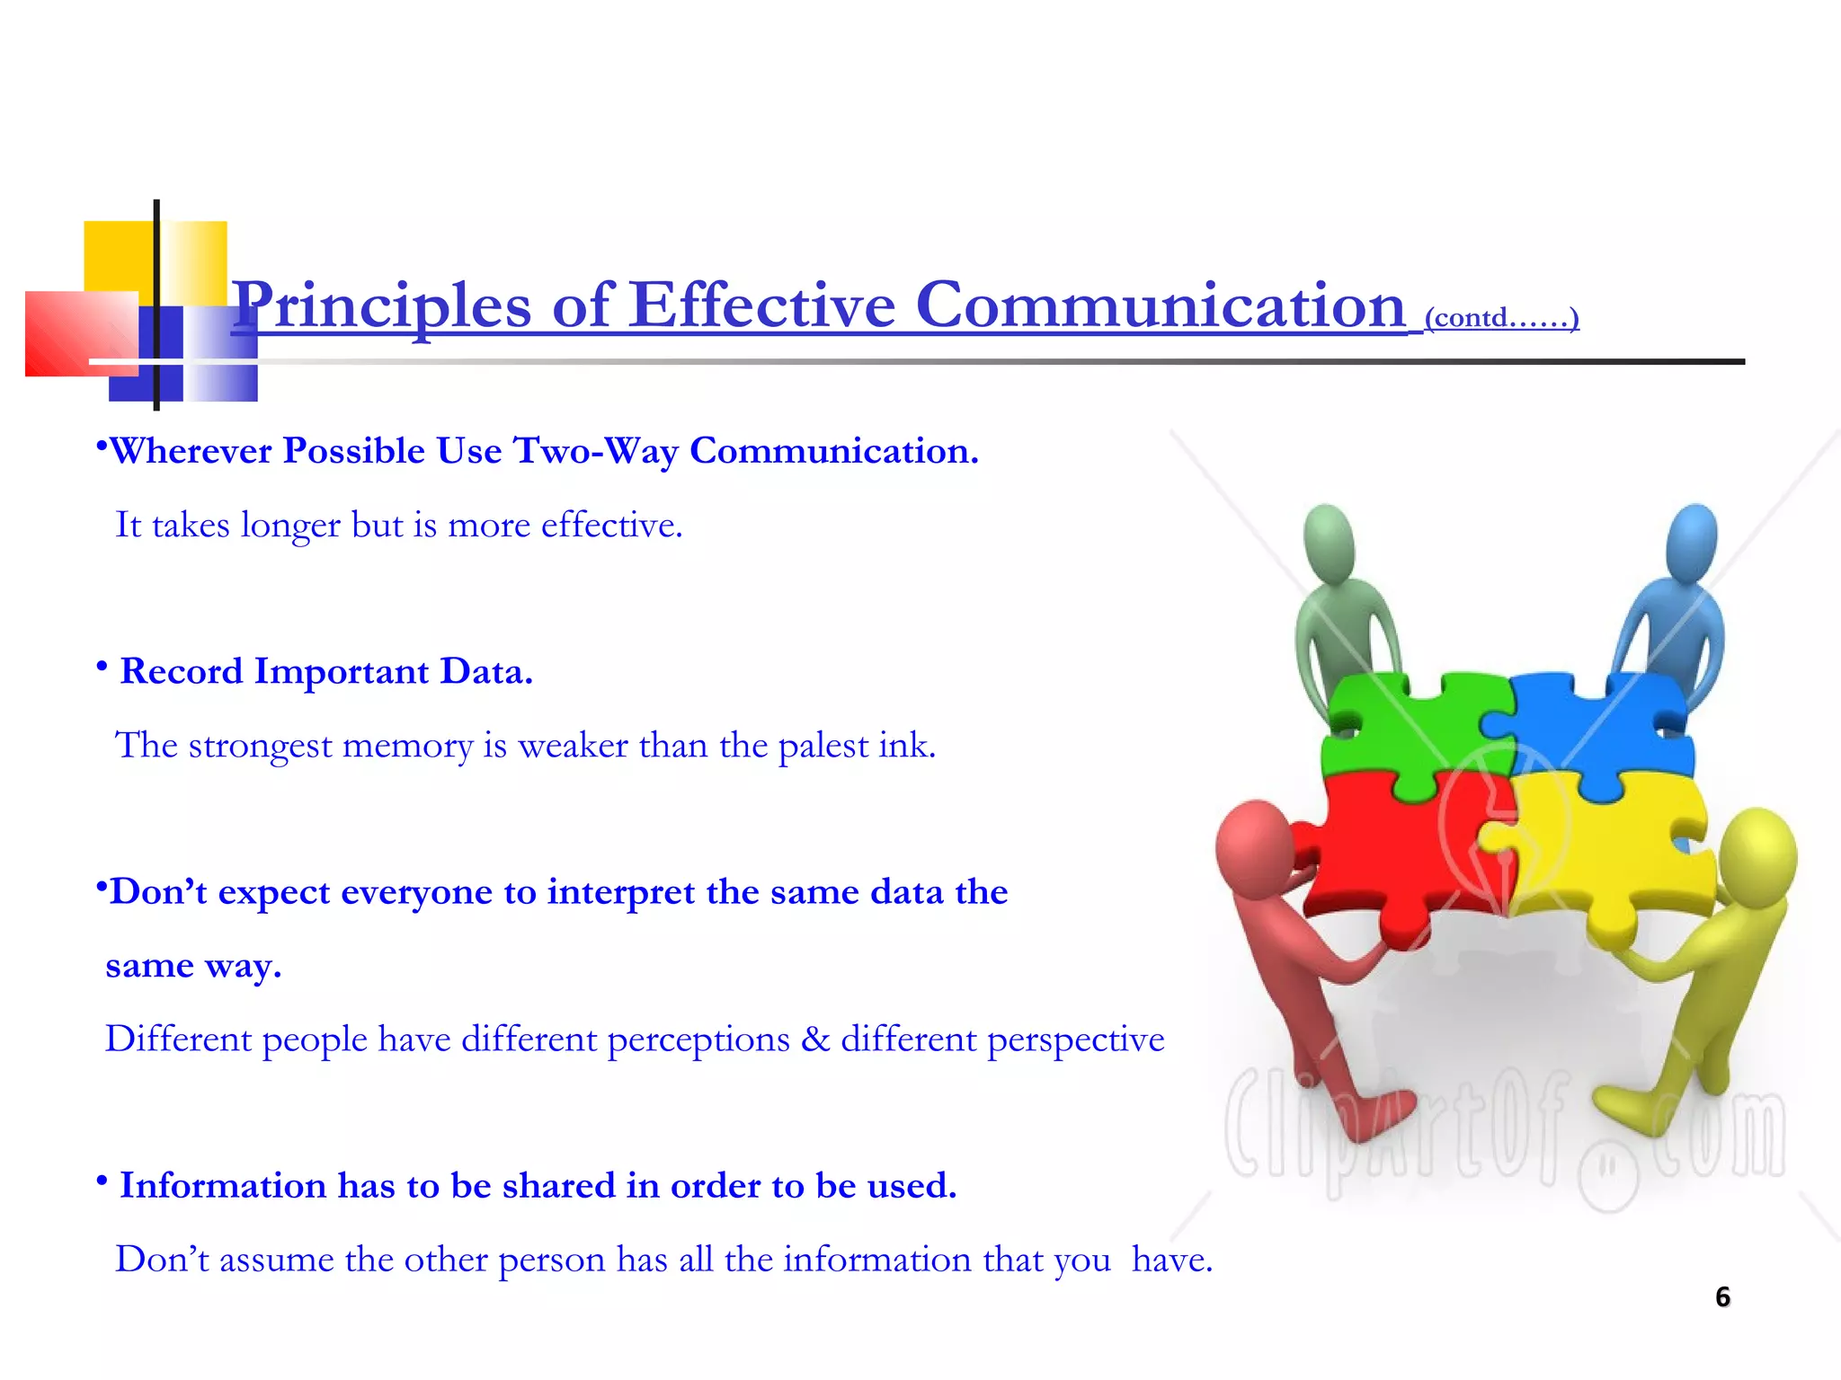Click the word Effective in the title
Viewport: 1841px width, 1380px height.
pyautogui.click(x=762, y=305)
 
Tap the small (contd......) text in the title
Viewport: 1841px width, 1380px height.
pyautogui.click(x=1501, y=318)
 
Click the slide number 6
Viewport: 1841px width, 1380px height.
pyautogui.click(x=1722, y=1297)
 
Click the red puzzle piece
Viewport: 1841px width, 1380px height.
pyautogui.click(x=1402, y=854)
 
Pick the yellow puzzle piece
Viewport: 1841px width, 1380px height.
pyautogui.click(x=1609, y=854)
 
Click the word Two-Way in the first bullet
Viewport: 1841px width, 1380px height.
pyautogui.click(x=595, y=451)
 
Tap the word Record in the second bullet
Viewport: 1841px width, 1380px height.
pyautogui.click(x=182, y=671)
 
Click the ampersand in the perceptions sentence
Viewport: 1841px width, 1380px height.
pyautogui.click(x=815, y=1039)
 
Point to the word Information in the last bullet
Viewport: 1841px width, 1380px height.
pyautogui.click(x=223, y=1186)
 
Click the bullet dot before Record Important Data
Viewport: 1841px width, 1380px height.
pyautogui.click(x=102, y=667)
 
